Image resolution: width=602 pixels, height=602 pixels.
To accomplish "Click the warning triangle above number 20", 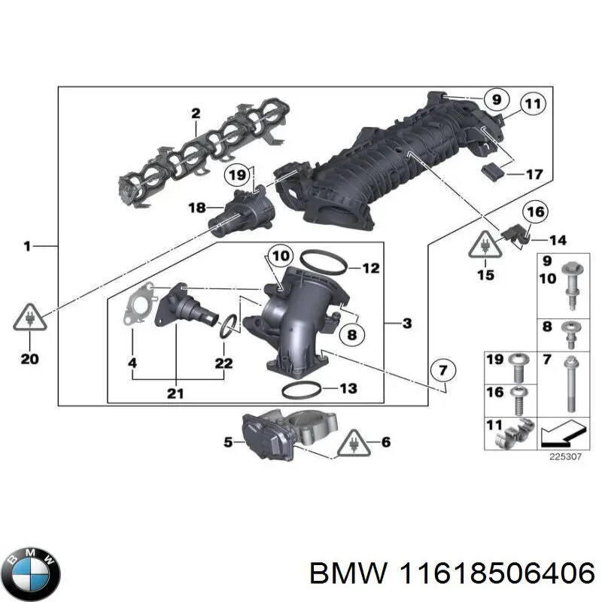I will pyautogui.click(x=29, y=321).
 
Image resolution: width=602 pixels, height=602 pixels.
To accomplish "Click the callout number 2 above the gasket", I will pyautogui.click(x=196, y=114).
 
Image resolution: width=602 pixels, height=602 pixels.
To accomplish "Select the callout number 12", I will pyautogui.click(x=370, y=267).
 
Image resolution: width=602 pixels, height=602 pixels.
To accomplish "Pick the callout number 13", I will pyautogui.click(x=347, y=389).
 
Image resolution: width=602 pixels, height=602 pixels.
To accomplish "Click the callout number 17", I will pyautogui.click(x=534, y=175).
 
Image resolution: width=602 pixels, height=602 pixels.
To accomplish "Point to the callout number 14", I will pyautogui.click(x=558, y=241).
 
